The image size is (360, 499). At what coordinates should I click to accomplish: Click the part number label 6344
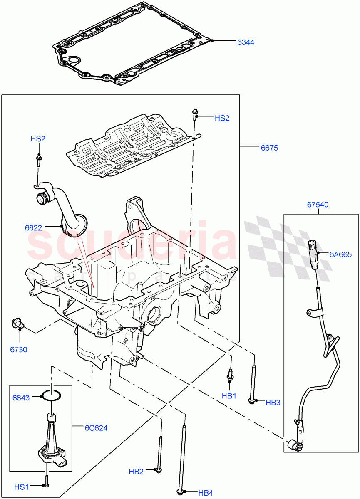click(246, 42)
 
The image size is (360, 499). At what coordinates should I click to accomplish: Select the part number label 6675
click(269, 148)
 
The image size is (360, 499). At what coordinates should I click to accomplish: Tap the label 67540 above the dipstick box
click(318, 205)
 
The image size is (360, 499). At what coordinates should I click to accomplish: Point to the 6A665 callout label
click(340, 254)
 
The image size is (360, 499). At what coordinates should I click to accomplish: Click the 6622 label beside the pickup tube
click(33, 227)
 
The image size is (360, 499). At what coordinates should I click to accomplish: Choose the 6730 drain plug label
click(19, 350)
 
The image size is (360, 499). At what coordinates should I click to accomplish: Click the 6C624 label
click(96, 427)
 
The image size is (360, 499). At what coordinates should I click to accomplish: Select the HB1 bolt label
click(229, 396)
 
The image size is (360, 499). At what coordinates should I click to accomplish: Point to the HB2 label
click(136, 472)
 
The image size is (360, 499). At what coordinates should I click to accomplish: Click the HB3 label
click(273, 402)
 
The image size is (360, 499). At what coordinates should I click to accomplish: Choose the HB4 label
click(206, 493)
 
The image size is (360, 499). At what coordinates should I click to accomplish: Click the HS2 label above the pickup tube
click(38, 138)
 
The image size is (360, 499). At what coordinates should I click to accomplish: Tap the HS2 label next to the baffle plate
click(222, 118)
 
